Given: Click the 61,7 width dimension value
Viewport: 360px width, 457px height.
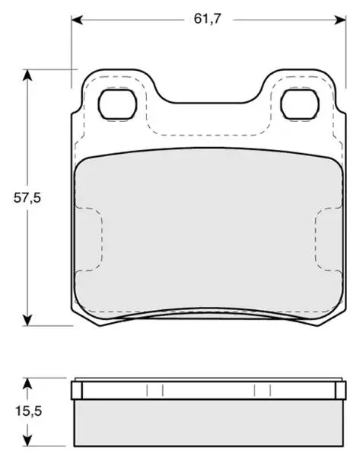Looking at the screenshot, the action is [208, 19].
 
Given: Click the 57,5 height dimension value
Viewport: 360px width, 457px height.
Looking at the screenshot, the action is [27, 198].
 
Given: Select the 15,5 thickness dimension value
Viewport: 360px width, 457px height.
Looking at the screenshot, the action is [29, 411].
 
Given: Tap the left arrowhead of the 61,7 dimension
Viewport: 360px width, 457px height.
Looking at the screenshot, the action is [77, 20].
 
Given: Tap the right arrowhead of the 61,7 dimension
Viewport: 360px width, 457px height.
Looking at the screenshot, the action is [340, 20].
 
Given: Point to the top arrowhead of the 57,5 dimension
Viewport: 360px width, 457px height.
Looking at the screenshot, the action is [27, 75].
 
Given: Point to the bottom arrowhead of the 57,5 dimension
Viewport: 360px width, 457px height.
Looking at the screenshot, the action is [27, 320].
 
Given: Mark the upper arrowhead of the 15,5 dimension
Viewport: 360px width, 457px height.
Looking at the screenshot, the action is [27, 384].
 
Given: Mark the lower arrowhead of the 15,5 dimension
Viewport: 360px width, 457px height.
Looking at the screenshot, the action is [27, 439].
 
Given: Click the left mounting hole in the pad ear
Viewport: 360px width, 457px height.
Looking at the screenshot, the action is [118, 104].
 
